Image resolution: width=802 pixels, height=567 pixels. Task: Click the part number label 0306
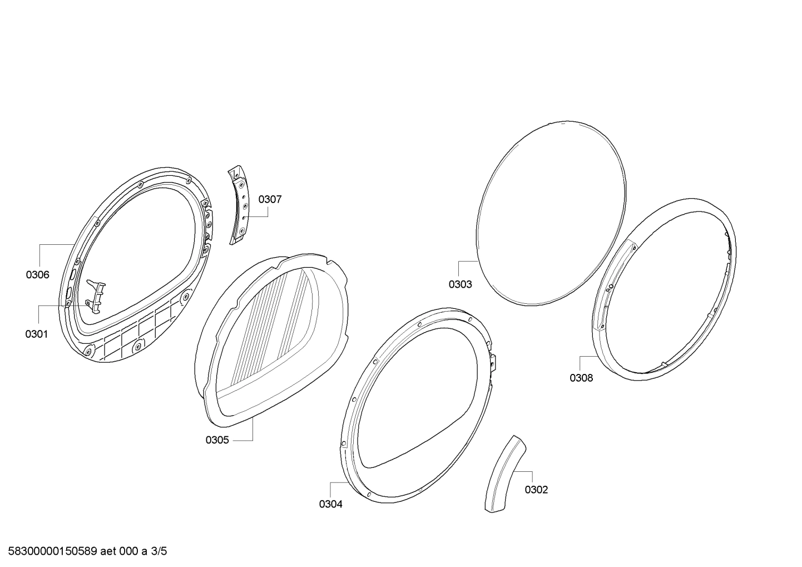point(38,275)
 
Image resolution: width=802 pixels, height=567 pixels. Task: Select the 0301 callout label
point(37,334)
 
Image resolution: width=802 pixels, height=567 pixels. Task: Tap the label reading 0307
point(270,200)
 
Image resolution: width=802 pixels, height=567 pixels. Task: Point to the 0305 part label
point(217,440)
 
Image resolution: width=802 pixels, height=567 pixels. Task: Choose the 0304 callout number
point(330,504)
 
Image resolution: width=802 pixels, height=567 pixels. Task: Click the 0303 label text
point(461,284)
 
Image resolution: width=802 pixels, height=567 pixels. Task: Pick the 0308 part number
point(581,378)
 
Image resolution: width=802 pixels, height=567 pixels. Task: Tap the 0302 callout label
point(536,490)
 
